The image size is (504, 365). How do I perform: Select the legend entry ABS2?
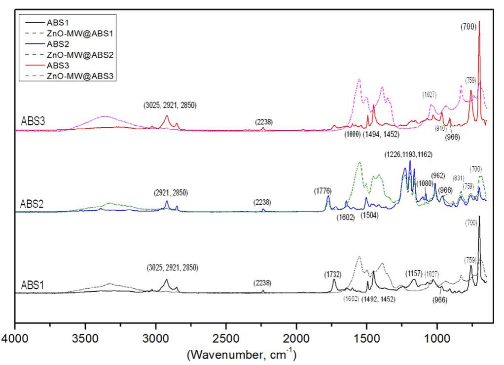click(61, 44)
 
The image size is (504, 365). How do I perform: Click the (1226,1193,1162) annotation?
click(408, 155)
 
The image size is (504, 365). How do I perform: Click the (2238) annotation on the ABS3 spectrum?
click(263, 122)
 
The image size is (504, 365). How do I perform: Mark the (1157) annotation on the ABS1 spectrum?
click(413, 273)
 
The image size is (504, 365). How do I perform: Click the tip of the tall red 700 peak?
click(479, 22)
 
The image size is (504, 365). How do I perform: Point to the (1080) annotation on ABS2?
click(425, 183)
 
